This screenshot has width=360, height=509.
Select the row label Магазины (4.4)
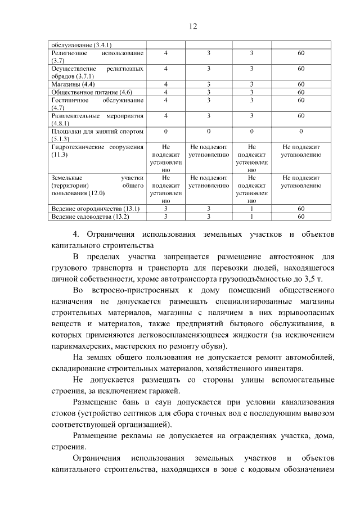pos(73,84)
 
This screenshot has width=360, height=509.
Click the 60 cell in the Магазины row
pos(301,84)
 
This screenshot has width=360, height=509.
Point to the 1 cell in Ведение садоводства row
pos(252,216)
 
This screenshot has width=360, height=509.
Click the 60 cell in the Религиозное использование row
pos(301,53)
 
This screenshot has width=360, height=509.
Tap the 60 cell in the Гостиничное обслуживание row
pos(301,100)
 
